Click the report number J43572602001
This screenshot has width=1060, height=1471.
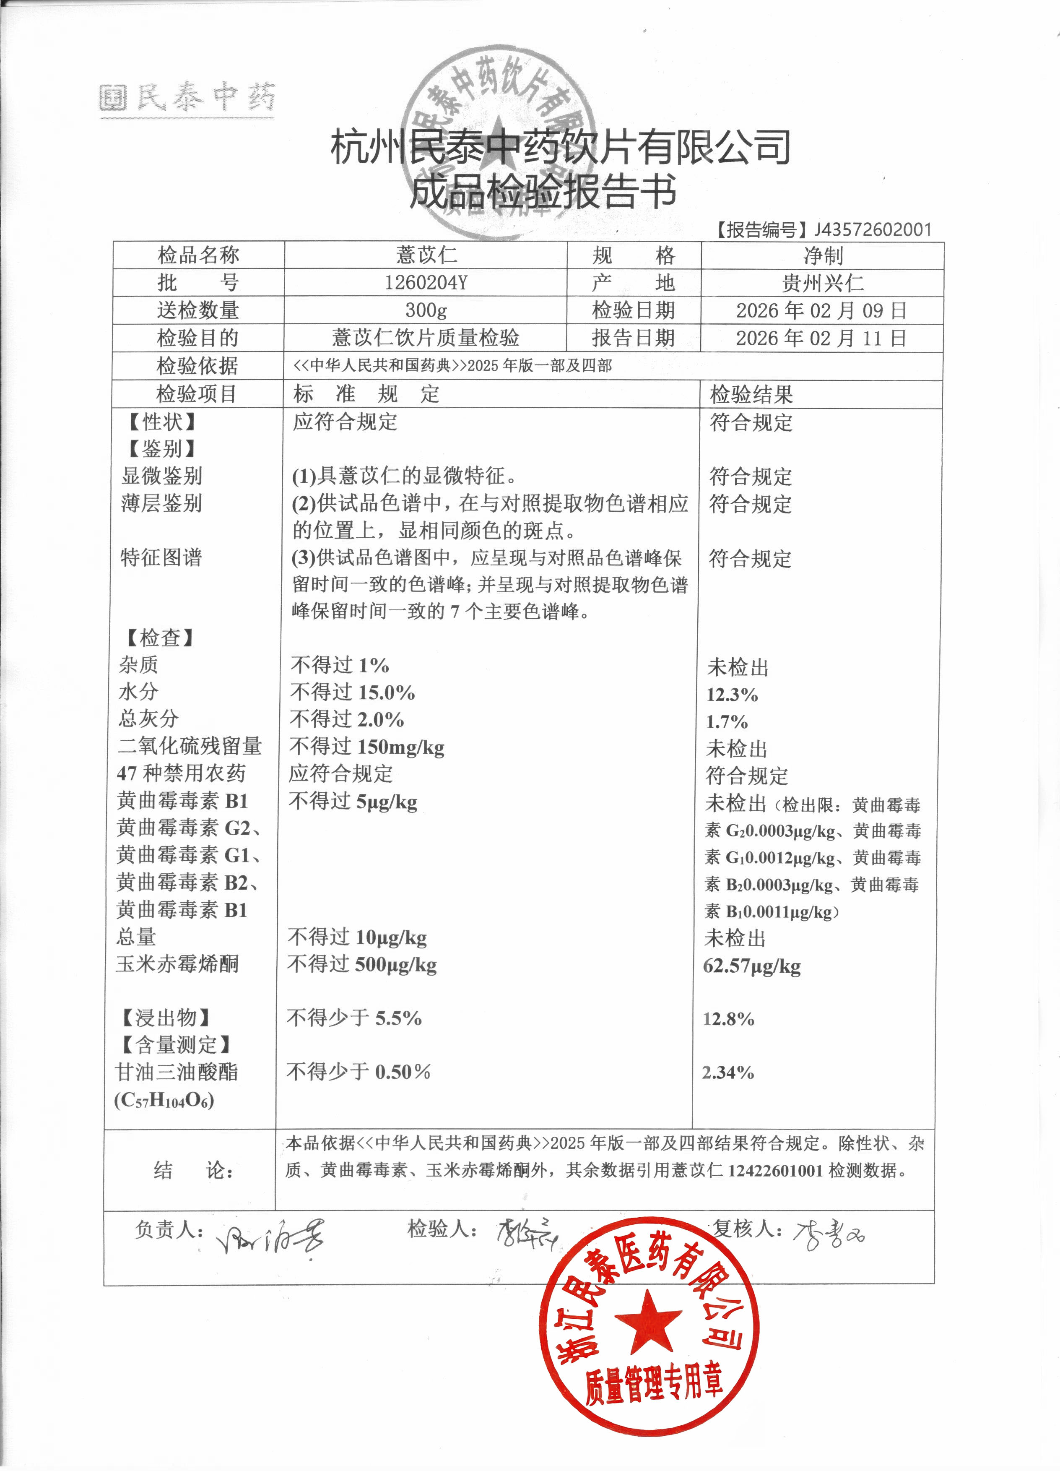(x=872, y=229)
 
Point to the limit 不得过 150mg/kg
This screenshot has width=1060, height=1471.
(x=367, y=747)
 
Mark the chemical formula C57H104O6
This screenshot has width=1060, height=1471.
(x=164, y=1101)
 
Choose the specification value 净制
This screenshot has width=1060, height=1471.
(x=823, y=255)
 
